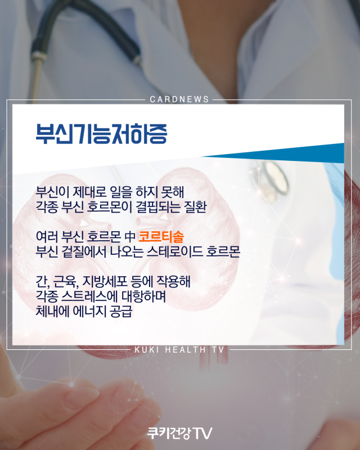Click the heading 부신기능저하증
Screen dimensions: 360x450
pyautogui.click(x=101, y=133)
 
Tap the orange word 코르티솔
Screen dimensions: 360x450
pyautogui.click(x=161, y=237)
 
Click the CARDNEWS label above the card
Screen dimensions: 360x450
pyautogui.click(x=179, y=100)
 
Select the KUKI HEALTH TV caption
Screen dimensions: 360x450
pyautogui.click(x=179, y=349)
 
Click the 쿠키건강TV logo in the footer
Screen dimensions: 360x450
pyautogui.click(x=179, y=433)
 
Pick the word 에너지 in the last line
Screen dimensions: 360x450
pyautogui.click(x=89, y=312)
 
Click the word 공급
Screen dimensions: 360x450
pyautogui.click(x=121, y=312)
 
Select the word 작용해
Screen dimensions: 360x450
pyautogui.click(x=173, y=281)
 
